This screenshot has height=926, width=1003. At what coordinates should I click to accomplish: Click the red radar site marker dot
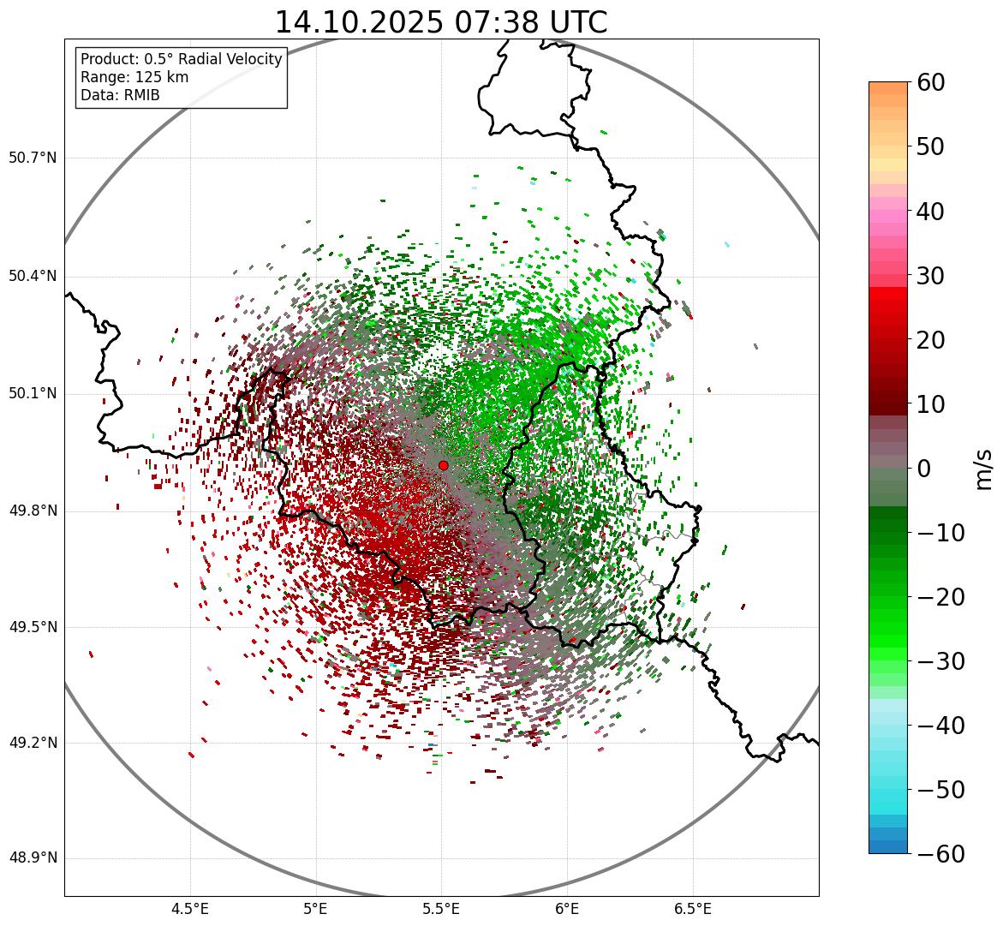point(443,465)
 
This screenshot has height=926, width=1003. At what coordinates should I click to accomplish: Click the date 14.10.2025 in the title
point(358,22)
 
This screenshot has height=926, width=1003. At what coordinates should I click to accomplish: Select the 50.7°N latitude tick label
point(33,158)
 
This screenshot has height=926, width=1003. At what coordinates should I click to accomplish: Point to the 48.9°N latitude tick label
point(33,858)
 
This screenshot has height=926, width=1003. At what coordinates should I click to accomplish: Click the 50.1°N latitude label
point(33,394)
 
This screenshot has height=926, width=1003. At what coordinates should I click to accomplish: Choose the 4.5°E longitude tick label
point(190,909)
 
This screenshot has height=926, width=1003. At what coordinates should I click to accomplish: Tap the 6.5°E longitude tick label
point(692,909)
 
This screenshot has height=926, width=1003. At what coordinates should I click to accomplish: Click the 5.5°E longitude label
point(441,909)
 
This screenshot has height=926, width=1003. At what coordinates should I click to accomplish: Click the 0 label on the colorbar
point(924,469)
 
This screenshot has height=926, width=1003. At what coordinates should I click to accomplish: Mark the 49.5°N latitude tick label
point(33,627)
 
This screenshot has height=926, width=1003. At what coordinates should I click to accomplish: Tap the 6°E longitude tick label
point(567,909)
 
